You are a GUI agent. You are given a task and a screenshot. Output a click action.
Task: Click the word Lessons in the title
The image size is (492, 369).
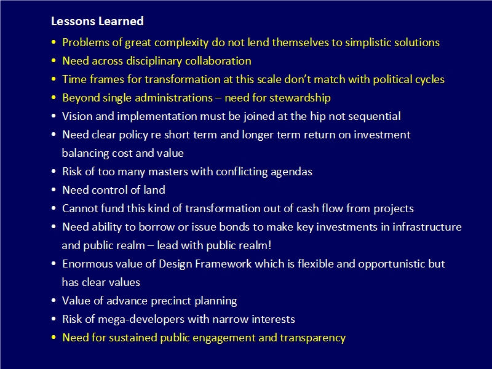point(73,21)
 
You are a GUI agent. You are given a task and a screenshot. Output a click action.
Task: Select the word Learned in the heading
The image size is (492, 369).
point(121,21)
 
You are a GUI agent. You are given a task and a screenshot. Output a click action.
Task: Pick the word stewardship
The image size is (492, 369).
point(300,98)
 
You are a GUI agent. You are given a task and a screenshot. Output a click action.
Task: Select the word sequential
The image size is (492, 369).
point(375,117)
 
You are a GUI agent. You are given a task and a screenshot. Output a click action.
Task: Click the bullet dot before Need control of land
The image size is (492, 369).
point(54,190)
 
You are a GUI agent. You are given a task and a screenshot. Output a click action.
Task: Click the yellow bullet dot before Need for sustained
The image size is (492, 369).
point(54,338)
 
